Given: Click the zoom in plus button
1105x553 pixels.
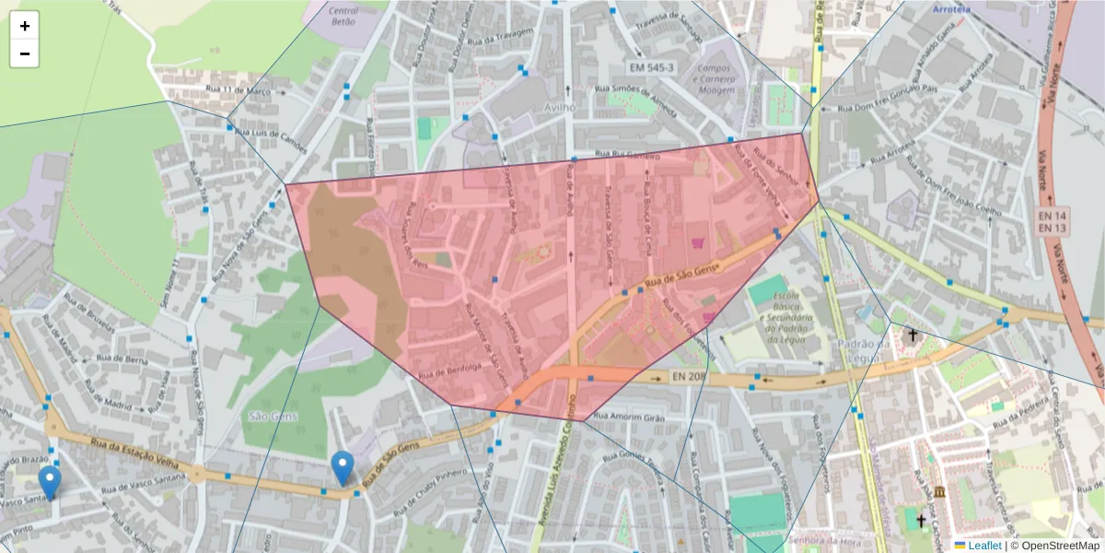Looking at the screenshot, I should tap(25, 26).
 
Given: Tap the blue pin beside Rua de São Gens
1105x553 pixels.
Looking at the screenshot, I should tap(343, 468).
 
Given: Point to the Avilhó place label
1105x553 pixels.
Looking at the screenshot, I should tap(557, 107).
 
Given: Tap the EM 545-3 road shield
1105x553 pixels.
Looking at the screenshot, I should tap(651, 68).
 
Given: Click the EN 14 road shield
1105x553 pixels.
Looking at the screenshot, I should tap(1052, 214).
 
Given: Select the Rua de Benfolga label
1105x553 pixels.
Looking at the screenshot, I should tap(450, 372).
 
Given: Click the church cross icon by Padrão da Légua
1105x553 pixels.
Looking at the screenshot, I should tap(913, 335).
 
